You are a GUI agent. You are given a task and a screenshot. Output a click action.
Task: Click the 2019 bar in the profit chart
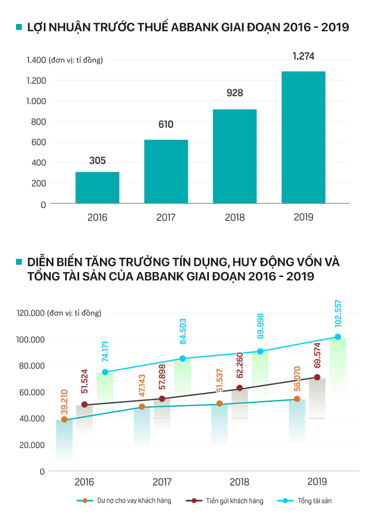pos(303,137)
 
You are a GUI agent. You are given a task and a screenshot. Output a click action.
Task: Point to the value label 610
pos(166,125)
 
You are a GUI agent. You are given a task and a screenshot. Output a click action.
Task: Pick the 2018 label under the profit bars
pos(235,218)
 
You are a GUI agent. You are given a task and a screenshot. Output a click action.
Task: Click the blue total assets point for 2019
pos(338,337)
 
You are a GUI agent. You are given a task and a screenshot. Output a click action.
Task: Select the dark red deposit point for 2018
pos(240,388)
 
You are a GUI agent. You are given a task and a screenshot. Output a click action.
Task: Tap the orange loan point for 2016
pos(65,420)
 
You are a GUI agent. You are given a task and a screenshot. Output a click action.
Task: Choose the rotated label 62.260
pos(239,367)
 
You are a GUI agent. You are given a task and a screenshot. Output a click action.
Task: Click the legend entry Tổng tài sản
pos(320,501)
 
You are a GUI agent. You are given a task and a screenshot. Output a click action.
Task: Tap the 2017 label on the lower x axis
pos(162,482)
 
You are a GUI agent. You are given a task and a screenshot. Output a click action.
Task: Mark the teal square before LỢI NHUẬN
pos(19,27)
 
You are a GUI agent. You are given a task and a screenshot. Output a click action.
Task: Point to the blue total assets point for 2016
pos(105,372)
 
